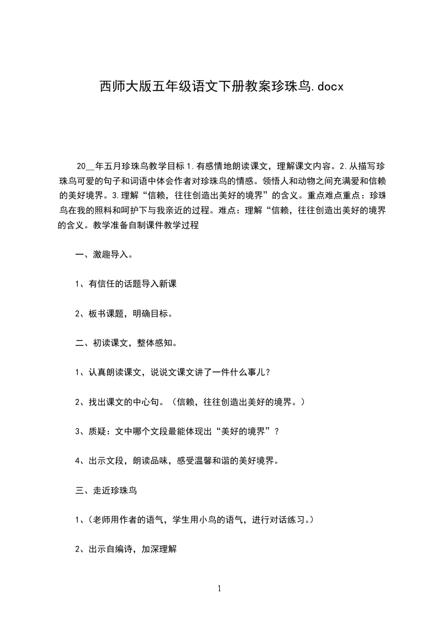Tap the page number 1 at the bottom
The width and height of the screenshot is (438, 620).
click(x=219, y=589)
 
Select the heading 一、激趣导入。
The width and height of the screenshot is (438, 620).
click(x=103, y=255)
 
